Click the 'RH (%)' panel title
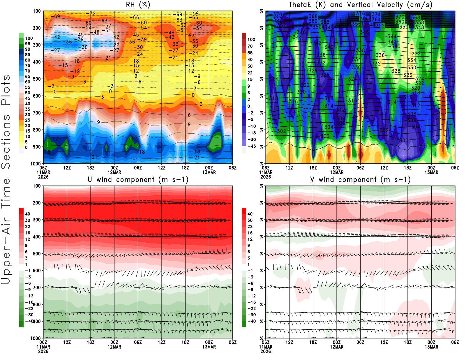138,5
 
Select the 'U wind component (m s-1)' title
138,179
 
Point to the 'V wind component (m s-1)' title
360,179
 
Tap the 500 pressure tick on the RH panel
37,79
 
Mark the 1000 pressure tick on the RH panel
36,164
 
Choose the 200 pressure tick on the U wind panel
37,203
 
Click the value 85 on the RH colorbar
28,55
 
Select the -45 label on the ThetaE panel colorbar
252,146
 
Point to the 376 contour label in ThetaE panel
360,13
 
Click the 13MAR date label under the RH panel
209,172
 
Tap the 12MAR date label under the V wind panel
337,347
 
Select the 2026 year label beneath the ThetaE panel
266,177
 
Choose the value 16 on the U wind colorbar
28,233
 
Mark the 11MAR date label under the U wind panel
43,347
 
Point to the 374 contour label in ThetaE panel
376,14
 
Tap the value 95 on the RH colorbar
28,44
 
